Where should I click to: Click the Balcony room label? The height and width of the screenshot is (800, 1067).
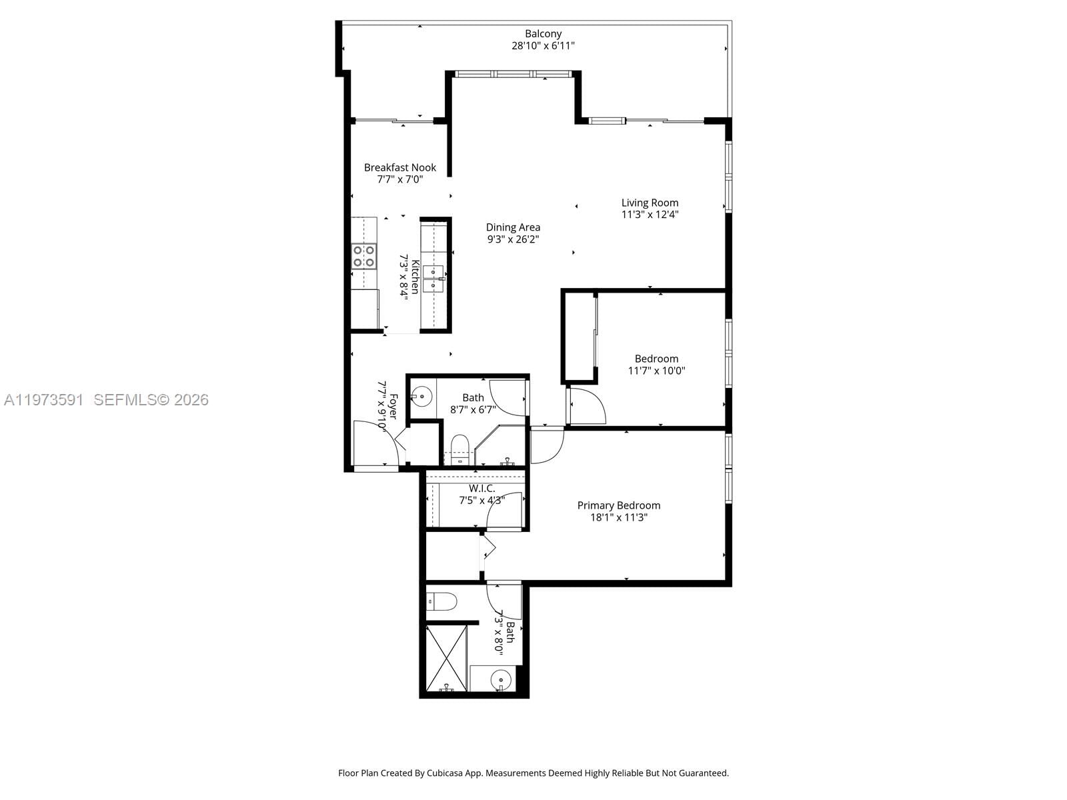(x=543, y=33)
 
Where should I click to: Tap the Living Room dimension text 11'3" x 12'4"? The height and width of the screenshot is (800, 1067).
(x=650, y=215)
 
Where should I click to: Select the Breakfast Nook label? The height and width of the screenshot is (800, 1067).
(x=399, y=167)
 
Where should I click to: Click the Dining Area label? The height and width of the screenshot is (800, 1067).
(x=513, y=227)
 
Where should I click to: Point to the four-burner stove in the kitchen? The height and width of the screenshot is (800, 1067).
(x=364, y=256)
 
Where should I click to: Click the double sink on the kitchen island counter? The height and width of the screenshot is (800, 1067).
(x=433, y=278)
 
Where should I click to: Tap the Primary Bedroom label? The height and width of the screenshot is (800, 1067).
(x=618, y=505)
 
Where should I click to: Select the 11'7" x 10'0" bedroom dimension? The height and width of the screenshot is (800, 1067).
(x=656, y=371)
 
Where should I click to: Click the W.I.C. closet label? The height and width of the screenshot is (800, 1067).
(x=481, y=489)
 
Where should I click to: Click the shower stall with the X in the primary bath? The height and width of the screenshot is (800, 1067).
(x=446, y=657)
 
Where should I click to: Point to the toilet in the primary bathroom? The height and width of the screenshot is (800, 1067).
(x=441, y=602)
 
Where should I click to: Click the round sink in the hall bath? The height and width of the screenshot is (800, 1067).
(x=421, y=397)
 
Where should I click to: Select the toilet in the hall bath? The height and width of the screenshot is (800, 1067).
(x=460, y=447)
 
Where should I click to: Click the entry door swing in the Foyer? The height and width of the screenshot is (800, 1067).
(x=376, y=443)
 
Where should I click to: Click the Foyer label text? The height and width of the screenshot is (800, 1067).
(x=393, y=407)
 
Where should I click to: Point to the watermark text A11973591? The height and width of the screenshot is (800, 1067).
(x=44, y=400)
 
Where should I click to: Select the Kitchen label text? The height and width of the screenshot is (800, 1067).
(x=415, y=276)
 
